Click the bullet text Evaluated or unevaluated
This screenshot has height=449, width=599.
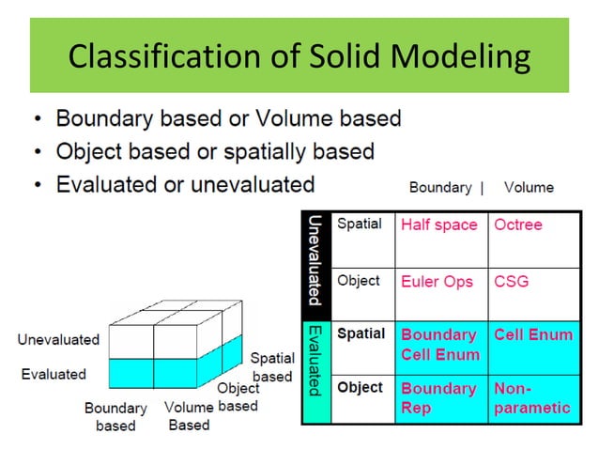pos(185,183)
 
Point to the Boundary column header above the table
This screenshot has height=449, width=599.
pos(439,187)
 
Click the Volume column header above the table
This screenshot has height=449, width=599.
pos(529,187)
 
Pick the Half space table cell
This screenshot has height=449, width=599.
pos(439,225)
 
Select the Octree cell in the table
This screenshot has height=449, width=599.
pos(518,225)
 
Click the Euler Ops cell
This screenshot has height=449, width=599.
pos(437,281)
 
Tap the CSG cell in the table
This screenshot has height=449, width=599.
pos(513,281)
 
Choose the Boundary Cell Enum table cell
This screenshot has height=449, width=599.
pos(439,345)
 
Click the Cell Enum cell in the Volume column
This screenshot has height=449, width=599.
pos(532,335)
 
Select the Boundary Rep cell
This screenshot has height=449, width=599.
pos(438,397)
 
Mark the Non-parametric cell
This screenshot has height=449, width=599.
pos(531,397)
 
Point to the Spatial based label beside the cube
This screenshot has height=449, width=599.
pos(271,367)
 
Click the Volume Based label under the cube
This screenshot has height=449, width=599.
pos(189,416)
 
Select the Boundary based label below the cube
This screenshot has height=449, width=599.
pos(115,416)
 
